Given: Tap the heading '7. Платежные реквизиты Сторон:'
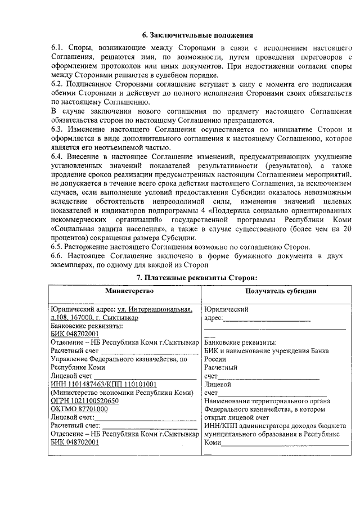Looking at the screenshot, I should click(197, 277).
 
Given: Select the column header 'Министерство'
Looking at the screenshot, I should click(122, 291).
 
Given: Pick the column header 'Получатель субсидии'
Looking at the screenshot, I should click(276, 291).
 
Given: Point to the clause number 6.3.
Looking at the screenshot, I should click(57, 129).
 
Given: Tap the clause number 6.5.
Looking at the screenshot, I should click(57, 246).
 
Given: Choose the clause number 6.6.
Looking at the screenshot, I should click(57, 255).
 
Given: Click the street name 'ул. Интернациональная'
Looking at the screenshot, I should click(155, 309).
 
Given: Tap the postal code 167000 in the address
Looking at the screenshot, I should click(86, 317).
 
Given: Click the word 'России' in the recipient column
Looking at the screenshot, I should click(215, 358).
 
